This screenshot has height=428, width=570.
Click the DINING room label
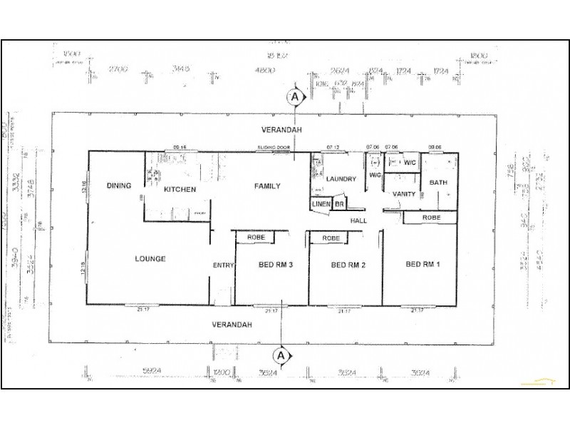click(119, 186)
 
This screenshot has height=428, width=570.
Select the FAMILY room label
click(267, 186)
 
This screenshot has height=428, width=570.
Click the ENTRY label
click(223, 266)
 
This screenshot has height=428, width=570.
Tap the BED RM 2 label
click(348, 265)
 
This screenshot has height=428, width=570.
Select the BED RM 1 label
click(423, 265)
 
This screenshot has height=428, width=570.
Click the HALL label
click(358, 221)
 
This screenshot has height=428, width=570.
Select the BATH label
click(437, 183)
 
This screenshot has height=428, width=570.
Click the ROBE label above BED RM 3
click(256, 237)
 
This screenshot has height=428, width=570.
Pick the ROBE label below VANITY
click(431, 217)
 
